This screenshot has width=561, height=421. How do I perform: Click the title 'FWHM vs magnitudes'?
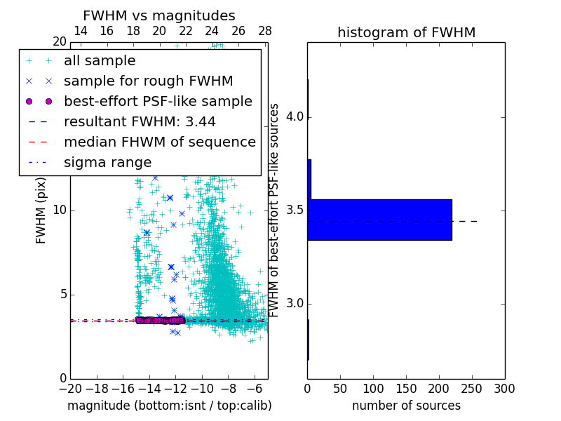coord(158,15)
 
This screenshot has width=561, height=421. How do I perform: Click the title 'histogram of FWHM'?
coord(406,32)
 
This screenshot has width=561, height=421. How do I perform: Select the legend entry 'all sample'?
coord(100,61)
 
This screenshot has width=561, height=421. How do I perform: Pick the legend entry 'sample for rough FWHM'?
coord(148,81)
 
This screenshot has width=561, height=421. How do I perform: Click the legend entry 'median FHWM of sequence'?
coord(159,142)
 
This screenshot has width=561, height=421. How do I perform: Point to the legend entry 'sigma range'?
coord(107,163)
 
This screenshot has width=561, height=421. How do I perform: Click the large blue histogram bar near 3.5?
coord(379,220)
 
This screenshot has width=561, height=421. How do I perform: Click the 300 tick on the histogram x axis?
coord(504,389)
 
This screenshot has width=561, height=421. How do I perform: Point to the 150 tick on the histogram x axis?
coord(406,389)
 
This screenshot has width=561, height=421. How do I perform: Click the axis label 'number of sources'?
coord(406,406)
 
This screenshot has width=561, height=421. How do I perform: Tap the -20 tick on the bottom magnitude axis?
coord(70,389)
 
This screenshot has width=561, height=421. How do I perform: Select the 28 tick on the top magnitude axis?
coord(264,31)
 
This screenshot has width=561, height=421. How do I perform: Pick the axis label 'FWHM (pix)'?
coord(41,210)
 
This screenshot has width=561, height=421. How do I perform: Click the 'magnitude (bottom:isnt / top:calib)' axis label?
coord(169,406)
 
